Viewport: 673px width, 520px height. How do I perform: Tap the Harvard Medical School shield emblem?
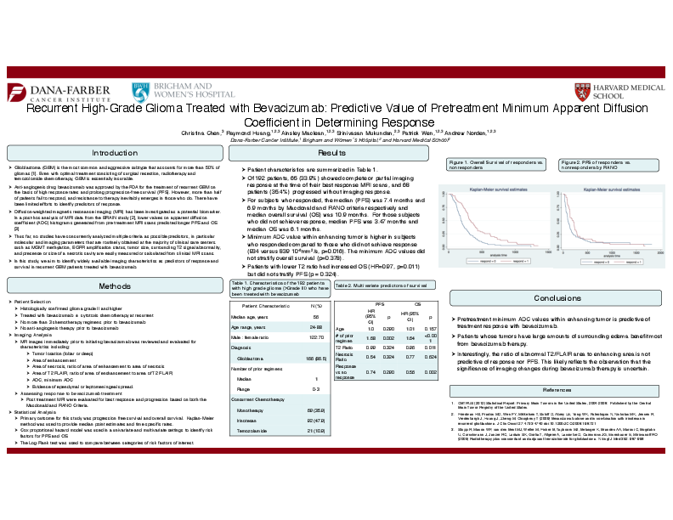point(579,90)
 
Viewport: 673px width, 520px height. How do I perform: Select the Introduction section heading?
point(115,153)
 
